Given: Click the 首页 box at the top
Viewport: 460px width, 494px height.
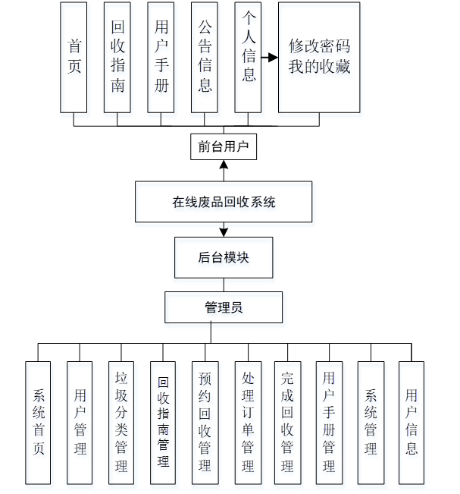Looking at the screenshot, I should click(x=74, y=57).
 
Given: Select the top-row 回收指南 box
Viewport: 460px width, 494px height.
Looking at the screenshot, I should click(x=117, y=57).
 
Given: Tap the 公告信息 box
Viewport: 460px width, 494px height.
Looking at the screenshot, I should click(x=205, y=57).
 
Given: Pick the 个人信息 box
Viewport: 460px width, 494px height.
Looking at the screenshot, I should click(x=248, y=57).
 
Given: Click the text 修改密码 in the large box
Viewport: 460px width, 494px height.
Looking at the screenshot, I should click(x=319, y=46).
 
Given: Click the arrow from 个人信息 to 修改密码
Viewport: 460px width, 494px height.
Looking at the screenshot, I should click(x=268, y=57).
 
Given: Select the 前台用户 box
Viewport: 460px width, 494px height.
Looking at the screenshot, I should click(x=224, y=146).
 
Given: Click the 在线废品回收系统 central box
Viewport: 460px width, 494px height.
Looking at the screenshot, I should click(x=224, y=202).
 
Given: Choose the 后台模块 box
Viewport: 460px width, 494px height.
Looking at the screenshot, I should click(x=224, y=257).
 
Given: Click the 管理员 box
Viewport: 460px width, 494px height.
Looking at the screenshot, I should click(x=224, y=307).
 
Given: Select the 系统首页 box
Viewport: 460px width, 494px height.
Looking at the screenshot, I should click(x=39, y=422).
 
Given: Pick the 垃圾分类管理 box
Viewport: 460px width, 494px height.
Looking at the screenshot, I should click(x=121, y=422).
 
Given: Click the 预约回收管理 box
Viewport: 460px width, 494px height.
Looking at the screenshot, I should click(x=205, y=422).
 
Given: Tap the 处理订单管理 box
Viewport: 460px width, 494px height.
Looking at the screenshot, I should click(x=247, y=422).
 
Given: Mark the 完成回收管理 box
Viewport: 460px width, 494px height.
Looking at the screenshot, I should click(x=287, y=422).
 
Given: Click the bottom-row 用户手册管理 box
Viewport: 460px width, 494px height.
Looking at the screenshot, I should click(x=329, y=422).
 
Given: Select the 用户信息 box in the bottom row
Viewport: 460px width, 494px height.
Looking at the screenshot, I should click(x=411, y=422).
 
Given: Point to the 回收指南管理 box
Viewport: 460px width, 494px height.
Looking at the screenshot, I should click(x=163, y=422).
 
